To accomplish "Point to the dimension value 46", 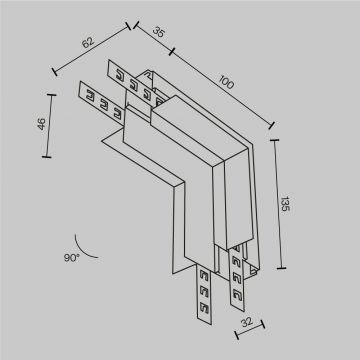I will click(38, 127).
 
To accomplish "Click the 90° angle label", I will click(70, 258).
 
